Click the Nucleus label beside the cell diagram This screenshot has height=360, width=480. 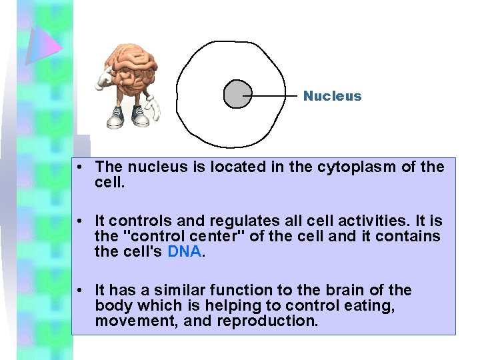coord(332,96)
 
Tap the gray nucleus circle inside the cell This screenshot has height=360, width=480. coord(237,94)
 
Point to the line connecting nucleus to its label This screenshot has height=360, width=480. coord(273,95)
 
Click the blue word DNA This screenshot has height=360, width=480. coord(184,252)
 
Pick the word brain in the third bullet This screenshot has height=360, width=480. coord(352,290)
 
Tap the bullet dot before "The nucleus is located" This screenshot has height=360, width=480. coord(79,167)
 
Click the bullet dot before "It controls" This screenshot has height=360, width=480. coord(79,221)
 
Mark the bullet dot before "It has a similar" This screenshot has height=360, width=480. coord(79,290)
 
